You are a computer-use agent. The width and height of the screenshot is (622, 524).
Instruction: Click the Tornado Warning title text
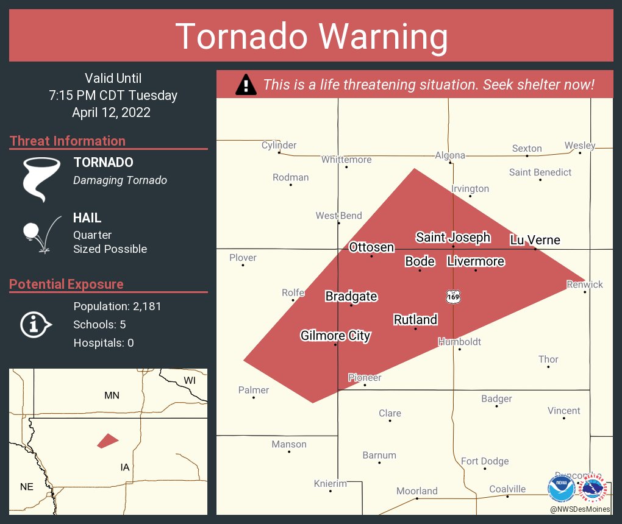pos(312,37)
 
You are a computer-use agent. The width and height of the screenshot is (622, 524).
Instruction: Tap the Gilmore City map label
pos(335,336)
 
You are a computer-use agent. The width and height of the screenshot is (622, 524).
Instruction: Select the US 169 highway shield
pos(452,296)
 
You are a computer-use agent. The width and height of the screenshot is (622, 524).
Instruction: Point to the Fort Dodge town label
pos(485,461)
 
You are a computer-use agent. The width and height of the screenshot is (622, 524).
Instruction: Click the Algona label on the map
pos(450,155)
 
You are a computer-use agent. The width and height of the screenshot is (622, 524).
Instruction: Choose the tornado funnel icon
pos(41,178)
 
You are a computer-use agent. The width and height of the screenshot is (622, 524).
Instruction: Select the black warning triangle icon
pos(246,85)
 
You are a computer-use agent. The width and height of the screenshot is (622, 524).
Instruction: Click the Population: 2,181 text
pos(117,306)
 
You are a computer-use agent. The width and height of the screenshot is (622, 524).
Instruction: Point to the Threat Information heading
pos(68,141)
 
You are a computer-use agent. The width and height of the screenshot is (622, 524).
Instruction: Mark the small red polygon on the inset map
pos(107,441)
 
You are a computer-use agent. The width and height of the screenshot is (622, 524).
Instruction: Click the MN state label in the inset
pos(112,395)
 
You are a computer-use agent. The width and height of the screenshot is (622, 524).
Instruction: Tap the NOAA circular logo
pos(561,488)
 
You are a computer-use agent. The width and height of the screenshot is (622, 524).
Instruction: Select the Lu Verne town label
pos(535,240)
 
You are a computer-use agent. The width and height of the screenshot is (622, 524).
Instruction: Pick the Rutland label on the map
pos(415,320)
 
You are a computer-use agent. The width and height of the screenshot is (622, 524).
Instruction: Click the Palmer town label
pos(254,390)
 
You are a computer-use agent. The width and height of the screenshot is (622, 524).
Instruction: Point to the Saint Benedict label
pos(540,172)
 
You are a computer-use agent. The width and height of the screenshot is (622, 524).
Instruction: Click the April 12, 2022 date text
pos(111,113)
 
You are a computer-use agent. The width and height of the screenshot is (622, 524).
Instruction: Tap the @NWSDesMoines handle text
pos(579,509)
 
